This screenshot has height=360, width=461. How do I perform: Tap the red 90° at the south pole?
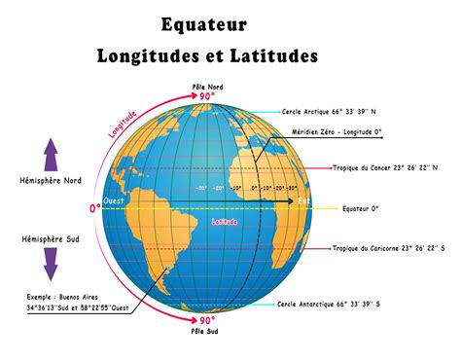coord(207,320)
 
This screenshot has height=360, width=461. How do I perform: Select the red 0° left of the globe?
coord(95,208)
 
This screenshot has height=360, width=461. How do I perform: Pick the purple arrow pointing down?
coord(52,266)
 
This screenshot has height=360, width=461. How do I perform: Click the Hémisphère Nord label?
coord(51,180)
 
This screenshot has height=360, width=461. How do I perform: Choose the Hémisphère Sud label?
coord(49,238)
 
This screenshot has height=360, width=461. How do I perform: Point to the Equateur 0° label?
coord(361,208)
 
